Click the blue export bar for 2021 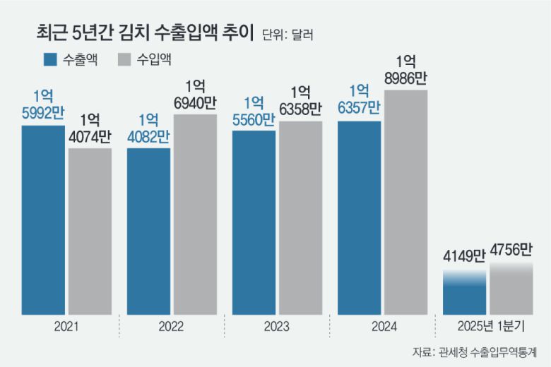[x=43, y=219]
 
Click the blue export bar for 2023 [x=254, y=222]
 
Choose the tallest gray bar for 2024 [x=405, y=201]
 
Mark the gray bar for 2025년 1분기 [x=511, y=289]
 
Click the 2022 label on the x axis [x=171, y=327]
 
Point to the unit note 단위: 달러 [x=287, y=34]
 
